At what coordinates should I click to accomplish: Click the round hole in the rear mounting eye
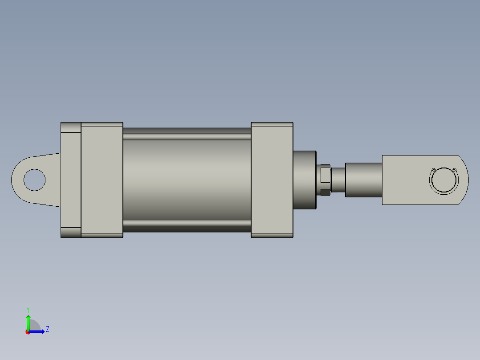click(34, 180)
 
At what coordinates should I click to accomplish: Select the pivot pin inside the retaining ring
click(443, 180)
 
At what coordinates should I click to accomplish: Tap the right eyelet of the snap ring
click(454, 170)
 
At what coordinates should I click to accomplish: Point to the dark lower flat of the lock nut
click(325, 192)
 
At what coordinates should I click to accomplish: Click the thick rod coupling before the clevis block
click(363, 180)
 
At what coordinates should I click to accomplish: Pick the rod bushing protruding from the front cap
click(304, 180)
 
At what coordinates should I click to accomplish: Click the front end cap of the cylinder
click(272, 180)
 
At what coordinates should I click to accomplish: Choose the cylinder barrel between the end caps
click(187, 180)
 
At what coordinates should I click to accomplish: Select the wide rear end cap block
click(102, 180)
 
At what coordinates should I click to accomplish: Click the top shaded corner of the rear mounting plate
click(71, 127)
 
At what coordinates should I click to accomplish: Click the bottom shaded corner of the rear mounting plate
click(71, 233)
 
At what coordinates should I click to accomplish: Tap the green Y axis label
click(28, 309)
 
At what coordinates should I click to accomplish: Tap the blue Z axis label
click(47, 329)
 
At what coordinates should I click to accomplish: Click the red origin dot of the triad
click(28, 332)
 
